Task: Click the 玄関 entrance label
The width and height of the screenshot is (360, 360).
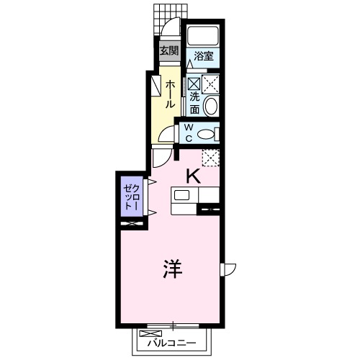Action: tap(168, 51)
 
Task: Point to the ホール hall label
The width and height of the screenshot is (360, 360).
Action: tap(170, 94)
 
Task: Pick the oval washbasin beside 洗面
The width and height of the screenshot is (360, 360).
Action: tap(211, 107)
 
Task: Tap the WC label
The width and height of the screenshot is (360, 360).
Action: tap(189, 134)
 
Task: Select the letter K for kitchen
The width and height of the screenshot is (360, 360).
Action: tap(193, 175)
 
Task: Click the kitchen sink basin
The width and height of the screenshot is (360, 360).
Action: tap(181, 195)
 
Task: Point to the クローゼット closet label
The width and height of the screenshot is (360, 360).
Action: tap(130, 194)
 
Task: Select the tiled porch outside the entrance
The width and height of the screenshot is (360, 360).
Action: tap(165, 16)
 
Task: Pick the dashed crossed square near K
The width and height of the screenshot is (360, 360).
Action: tap(210, 156)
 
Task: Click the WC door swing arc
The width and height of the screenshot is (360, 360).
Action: tap(168, 135)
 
